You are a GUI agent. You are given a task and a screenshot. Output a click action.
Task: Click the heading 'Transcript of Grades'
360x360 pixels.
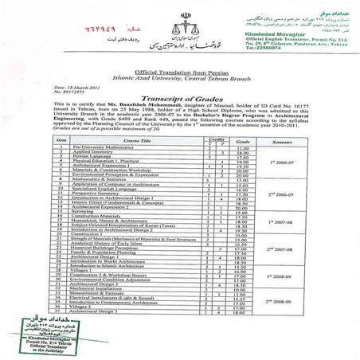pyautogui.click(x=181, y=115)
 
